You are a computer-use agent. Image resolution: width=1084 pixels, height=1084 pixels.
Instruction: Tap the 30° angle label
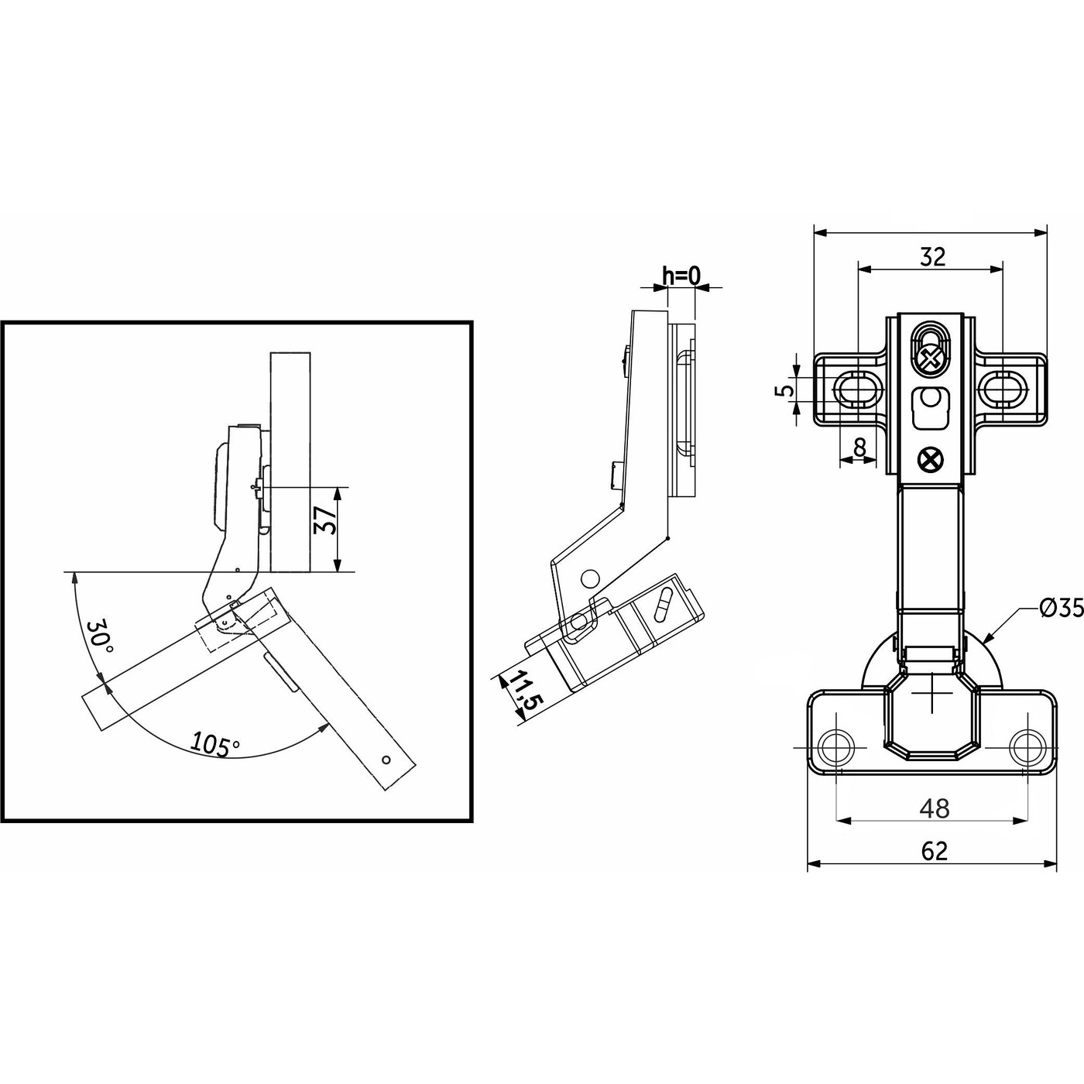[x=100, y=636]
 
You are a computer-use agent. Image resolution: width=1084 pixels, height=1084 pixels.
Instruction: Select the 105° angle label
[x=215, y=743]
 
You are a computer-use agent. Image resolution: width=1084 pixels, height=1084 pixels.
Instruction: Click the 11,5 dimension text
[x=527, y=691]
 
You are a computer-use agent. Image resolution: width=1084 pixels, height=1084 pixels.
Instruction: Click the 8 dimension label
[x=859, y=447]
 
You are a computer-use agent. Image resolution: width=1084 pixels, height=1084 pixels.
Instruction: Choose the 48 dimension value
[x=934, y=808]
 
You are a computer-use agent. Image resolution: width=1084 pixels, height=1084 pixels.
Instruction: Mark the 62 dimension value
[x=935, y=851]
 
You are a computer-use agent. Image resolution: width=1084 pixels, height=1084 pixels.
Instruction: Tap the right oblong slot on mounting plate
[x=1003, y=389]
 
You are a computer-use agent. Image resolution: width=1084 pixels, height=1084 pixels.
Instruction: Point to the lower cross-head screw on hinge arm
[x=929, y=460]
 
